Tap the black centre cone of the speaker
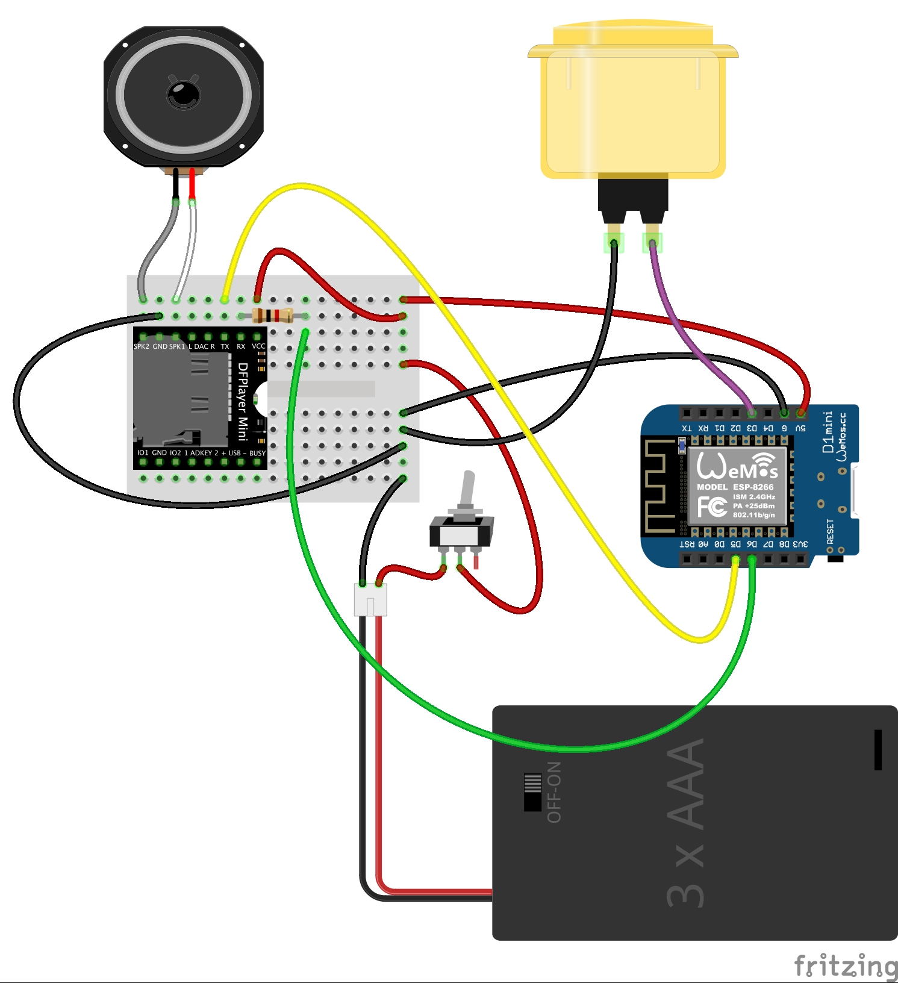(x=183, y=94)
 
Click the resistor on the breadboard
(x=273, y=315)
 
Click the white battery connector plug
(x=370, y=599)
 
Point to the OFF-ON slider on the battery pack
(x=532, y=791)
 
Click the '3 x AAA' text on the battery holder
(x=687, y=822)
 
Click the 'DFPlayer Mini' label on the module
(x=243, y=401)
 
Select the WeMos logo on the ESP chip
(x=737, y=466)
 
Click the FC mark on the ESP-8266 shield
(x=712, y=506)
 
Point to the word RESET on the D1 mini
(x=831, y=531)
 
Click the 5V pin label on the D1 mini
(x=800, y=428)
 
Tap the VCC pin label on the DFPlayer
(x=258, y=346)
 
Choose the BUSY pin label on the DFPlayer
(x=257, y=453)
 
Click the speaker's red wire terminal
(x=192, y=184)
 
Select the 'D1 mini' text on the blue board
(x=828, y=432)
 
